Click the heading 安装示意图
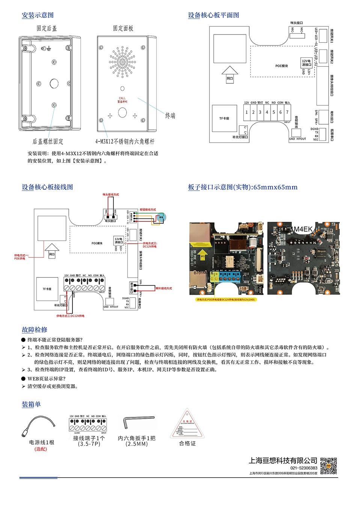pos(38,15)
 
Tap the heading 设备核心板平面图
pos(213,15)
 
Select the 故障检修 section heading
pos(35,330)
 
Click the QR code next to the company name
pos(328,466)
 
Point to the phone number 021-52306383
pos(303,468)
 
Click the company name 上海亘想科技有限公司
pos(283,460)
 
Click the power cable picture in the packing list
pos(39,425)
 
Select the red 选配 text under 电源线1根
pos(41,449)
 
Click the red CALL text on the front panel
pos(122,98)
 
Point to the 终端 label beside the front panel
pos(170,116)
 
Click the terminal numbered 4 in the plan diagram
pos(267,112)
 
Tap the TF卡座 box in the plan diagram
pos(224,118)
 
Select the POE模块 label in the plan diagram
pos(281,66)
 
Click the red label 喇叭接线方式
pos(164,288)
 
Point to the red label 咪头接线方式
pos(110,195)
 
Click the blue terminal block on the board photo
pos(229,276)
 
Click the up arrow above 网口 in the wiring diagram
pos(52,247)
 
